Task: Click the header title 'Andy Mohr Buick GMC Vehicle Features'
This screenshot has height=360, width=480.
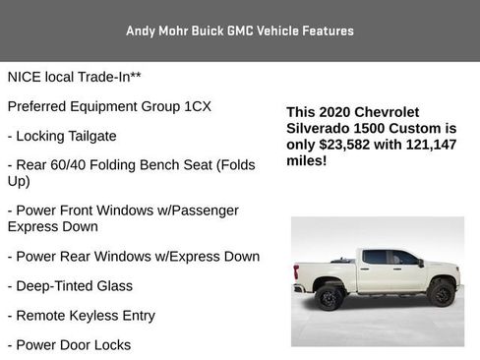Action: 240,30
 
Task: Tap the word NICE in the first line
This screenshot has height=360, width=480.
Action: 27,76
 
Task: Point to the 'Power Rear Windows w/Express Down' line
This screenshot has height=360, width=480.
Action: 133,256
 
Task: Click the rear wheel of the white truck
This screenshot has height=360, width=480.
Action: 330,295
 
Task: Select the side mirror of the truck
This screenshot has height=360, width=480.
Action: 420,263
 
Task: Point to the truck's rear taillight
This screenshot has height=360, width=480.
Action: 296,270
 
